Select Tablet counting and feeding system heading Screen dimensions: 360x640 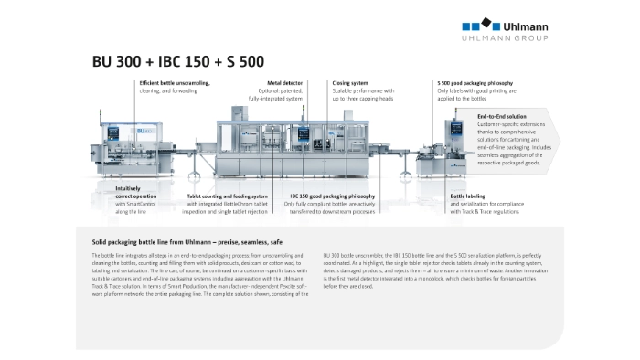(x=228, y=196)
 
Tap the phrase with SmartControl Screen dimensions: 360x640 (x=137, y=204)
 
